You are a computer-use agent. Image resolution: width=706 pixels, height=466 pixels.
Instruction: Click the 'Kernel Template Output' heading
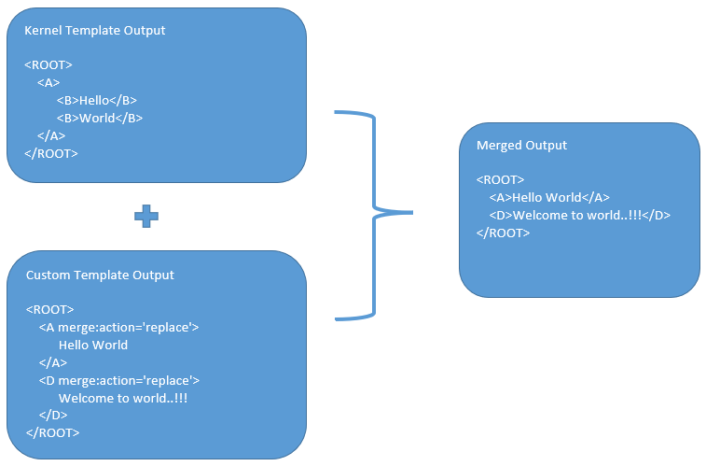[x=94, y=30]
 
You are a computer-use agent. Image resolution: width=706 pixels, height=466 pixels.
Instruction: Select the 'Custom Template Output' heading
[x=100, y=275]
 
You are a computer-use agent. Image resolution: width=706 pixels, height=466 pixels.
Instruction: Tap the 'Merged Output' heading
[x=521, y=145]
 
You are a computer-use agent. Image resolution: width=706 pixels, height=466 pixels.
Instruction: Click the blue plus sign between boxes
[x=146, y=216]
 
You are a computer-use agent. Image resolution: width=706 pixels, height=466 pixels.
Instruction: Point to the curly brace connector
[x=373, y=213]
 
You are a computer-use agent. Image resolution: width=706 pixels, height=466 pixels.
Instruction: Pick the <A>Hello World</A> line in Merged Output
[x=548, y=197]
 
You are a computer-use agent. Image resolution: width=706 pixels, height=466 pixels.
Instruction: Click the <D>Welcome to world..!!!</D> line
[x=579, y=215]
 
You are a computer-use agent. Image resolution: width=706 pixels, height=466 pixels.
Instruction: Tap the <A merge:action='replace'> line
[x=118, y=327]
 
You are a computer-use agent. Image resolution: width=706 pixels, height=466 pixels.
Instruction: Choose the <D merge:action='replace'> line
[x=119, y=380]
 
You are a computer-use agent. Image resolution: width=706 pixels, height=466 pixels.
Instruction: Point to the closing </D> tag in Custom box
[x=53, y=415]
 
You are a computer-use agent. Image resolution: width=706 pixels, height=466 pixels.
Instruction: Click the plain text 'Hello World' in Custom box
[x=93, y=345]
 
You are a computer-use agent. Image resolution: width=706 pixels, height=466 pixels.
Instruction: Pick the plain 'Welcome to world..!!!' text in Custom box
[x=123, y=398]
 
